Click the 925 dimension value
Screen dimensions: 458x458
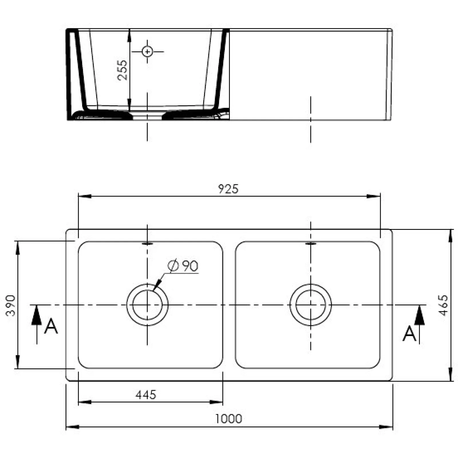[x=228, y=189]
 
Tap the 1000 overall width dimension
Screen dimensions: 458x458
[x=228, y=419]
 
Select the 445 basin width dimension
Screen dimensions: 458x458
[x=146, y=395]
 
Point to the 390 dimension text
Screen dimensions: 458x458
[x=11, y=305]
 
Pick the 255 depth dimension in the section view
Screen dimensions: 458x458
[x=122, y=70]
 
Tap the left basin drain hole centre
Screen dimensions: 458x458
[x=147, y=305]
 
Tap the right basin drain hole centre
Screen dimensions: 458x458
[x=311, y=305]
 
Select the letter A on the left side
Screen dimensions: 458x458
[x=51, y=327]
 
